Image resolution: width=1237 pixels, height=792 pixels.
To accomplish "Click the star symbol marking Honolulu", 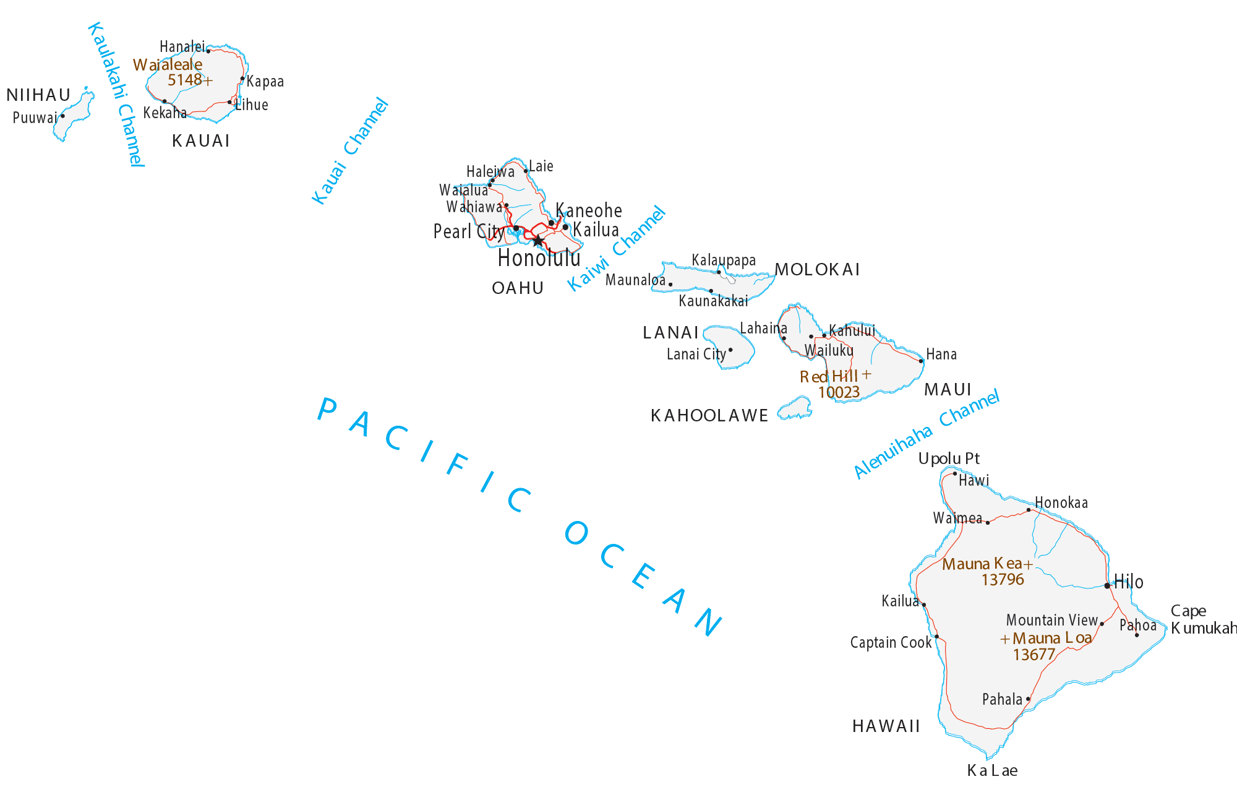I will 538,241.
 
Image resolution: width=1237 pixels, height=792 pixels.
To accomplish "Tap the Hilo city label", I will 1128,582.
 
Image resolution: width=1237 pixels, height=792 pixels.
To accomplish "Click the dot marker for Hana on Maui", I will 921,361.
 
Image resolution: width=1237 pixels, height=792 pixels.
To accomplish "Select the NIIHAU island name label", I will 38,95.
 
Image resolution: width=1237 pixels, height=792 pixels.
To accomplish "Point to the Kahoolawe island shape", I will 795,408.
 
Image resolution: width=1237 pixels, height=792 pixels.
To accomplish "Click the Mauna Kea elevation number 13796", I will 1002,580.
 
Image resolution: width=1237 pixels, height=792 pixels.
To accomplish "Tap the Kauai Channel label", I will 349,152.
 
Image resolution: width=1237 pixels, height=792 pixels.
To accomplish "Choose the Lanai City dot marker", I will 730,350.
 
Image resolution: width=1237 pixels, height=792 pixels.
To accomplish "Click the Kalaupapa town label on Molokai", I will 723,260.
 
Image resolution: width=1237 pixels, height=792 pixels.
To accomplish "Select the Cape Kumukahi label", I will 1200,619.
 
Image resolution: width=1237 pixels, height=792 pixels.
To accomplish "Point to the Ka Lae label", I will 992,770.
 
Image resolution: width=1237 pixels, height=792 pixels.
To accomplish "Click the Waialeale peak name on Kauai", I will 167,65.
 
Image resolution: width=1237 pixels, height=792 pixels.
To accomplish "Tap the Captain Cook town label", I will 890,643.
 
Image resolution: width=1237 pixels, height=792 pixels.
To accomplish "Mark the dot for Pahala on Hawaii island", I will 1028,699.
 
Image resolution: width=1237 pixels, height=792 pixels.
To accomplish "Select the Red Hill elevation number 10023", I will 839,392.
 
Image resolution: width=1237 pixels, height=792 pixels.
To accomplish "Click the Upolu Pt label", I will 948,458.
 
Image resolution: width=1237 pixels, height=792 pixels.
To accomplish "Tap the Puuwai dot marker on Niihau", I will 62,116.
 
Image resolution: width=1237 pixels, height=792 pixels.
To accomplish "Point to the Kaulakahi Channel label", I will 116,94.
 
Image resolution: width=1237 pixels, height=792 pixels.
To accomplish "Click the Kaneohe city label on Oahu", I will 588,210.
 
